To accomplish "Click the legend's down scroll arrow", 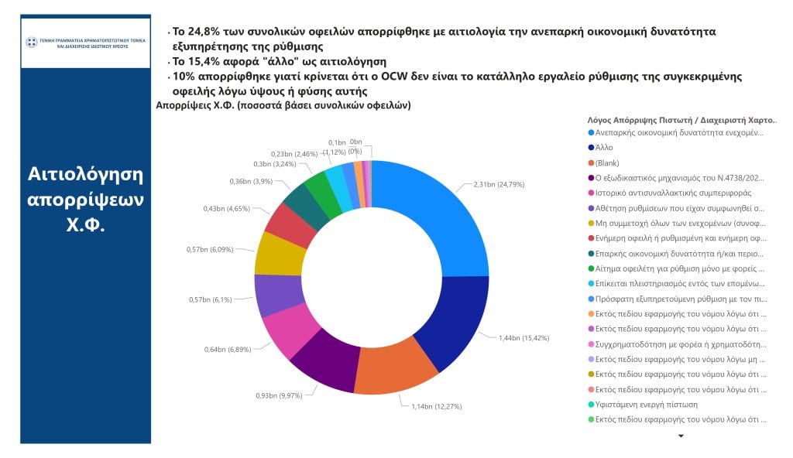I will [x=681, y=436].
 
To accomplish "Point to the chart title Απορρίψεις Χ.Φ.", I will [x=283, y=104].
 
